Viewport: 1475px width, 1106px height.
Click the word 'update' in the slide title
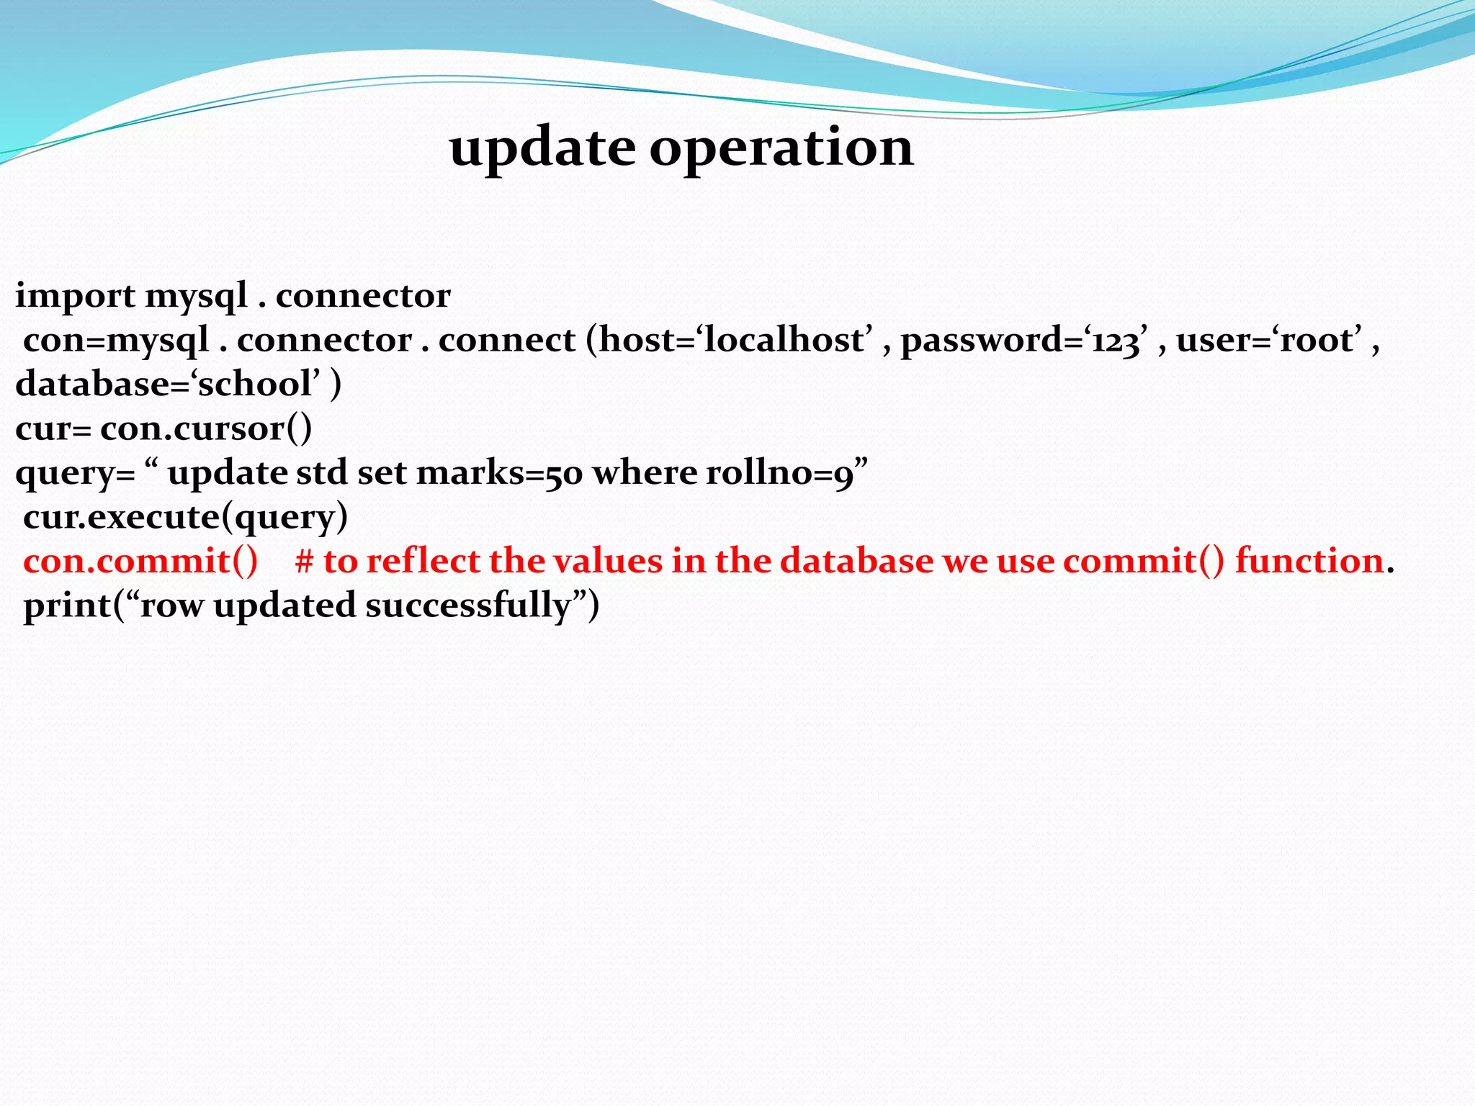pos(542,148)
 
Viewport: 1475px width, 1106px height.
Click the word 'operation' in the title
pos(781,148)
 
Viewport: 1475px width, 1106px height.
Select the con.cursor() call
pos(206,428)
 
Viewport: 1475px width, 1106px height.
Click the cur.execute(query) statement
pos(185,517)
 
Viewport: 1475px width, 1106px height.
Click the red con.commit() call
pos(140,561)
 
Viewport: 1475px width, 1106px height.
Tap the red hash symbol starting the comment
pos(303,561)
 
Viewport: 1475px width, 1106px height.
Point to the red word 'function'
pos(1309,561)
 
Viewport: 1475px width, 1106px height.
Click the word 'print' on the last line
pos(68,606)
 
